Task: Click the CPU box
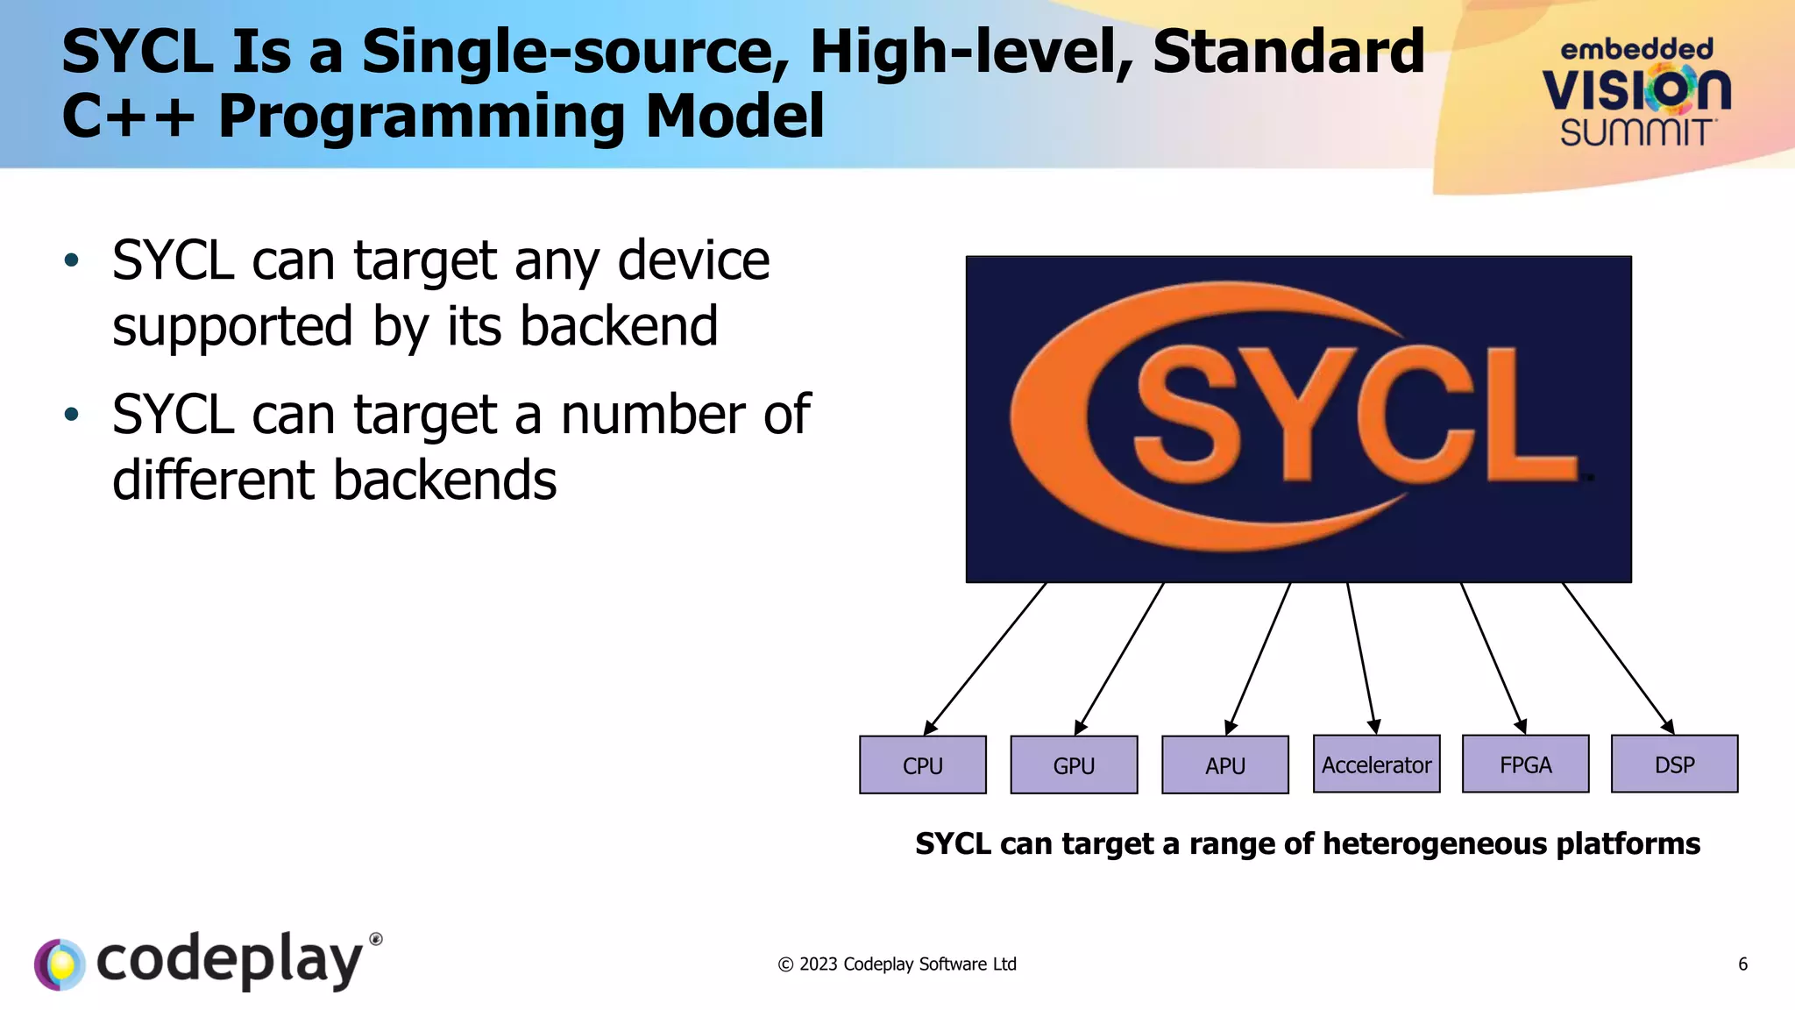922,765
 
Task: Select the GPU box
1074,765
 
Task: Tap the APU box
1224,765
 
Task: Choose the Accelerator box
1376,764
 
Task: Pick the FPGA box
1525,764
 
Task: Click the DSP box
1674,764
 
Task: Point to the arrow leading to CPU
985,658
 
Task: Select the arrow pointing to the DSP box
1618,658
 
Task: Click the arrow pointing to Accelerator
1361,658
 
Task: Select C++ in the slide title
127,116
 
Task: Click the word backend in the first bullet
619,326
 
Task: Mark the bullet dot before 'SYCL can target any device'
72,260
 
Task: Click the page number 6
1742,964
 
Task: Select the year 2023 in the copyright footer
818,964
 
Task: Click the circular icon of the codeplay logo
60,964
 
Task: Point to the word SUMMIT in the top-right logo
1635,133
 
